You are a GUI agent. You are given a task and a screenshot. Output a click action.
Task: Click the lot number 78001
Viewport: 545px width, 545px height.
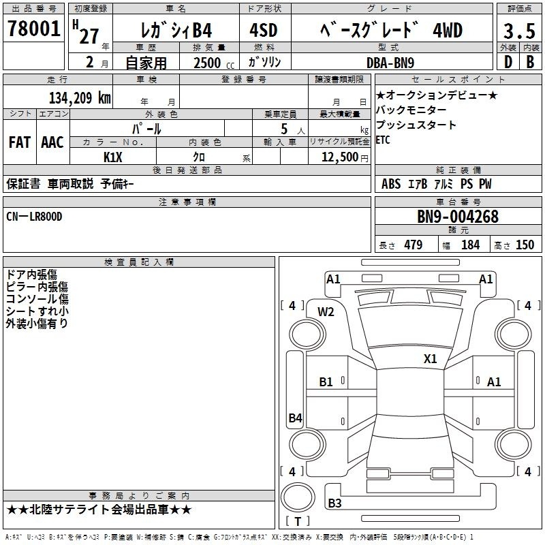(33, 29)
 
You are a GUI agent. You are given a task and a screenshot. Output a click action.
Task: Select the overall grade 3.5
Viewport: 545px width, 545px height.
(519, 31)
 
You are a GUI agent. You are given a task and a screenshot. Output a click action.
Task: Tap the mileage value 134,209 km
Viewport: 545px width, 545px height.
(80, 98)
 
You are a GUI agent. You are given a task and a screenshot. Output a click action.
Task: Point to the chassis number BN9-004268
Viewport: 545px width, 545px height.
(458, 217)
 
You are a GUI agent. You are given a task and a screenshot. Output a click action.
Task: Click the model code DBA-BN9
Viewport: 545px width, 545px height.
(390, 63)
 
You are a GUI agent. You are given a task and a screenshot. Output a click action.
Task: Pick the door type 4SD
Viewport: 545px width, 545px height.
(264, 30)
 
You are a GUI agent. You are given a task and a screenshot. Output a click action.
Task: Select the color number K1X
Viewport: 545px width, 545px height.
(113, 157)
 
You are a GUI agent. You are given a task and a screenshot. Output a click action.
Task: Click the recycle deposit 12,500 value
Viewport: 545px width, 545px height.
(340, 157)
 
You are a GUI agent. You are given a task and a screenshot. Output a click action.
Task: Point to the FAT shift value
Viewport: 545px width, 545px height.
(20, 142)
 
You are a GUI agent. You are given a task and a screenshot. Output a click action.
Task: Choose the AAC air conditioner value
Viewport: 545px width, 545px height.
(52, 142)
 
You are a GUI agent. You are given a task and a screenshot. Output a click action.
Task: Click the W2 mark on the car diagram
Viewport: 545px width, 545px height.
(326, 312)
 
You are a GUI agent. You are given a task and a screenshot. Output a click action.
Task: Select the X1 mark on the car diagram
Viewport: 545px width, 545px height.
(431, 358)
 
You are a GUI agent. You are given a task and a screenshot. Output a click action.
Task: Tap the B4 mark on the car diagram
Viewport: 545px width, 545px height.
(296, 418)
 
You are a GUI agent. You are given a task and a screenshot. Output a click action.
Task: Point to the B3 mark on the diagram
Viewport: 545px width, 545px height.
(334, 503)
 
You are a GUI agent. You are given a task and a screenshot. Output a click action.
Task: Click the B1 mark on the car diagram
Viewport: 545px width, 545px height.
(326, 382)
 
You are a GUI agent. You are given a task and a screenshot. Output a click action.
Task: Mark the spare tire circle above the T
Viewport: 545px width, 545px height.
(298, 498)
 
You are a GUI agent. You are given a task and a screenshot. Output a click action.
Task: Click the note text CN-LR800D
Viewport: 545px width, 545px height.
(34, 217)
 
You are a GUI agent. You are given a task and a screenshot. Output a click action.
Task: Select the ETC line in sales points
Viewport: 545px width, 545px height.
(383, 140)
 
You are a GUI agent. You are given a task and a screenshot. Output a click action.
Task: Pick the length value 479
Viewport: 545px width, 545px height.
(414, 245)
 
